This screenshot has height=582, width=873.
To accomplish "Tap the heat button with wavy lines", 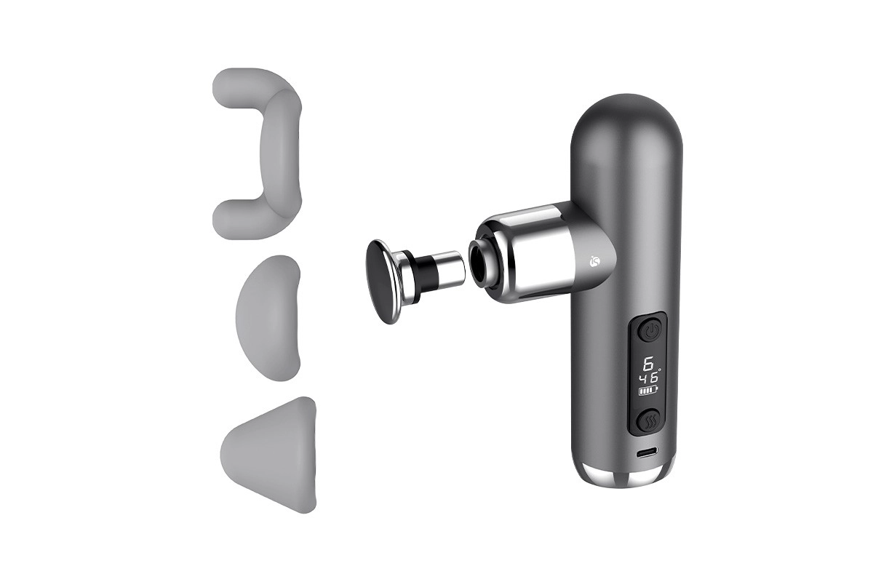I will [x=649, y=421].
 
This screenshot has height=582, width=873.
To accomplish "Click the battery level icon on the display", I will [x=647, y=391].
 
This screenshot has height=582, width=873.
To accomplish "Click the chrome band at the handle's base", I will [x=628, y=478].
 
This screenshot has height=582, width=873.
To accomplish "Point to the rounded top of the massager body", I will [x=627, y=116].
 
